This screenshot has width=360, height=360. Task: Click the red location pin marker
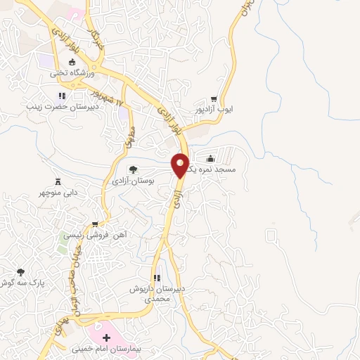point(181,165)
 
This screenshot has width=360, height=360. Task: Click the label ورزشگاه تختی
point(67,72)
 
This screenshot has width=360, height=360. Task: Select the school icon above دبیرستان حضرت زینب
point(62,96)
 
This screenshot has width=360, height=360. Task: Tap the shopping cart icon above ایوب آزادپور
point(214,99)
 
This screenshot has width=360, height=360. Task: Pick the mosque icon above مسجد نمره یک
point(212,159)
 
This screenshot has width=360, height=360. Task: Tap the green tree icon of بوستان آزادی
point(132,169)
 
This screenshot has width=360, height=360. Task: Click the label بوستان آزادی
point(132,181)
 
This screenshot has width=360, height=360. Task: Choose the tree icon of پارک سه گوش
point(20,271)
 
